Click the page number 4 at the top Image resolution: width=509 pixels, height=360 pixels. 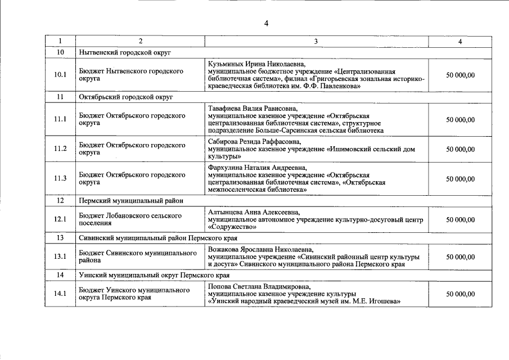(x=266, y=23)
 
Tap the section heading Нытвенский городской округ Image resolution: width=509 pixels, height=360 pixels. (x=125, y=52)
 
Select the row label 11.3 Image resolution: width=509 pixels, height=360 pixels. (x=60, y=178)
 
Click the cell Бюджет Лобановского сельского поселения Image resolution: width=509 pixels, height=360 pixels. (x=130, y=219)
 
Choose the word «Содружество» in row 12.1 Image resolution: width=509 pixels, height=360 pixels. (x=232, y=227)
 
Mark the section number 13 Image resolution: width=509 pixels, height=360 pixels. (x=60, y=237)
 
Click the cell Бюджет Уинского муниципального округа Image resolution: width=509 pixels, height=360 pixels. (x=134, y=294)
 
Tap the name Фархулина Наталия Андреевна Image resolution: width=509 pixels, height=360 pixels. (x=257, y=168)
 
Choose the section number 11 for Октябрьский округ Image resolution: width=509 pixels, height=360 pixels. (x=60, y=97)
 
